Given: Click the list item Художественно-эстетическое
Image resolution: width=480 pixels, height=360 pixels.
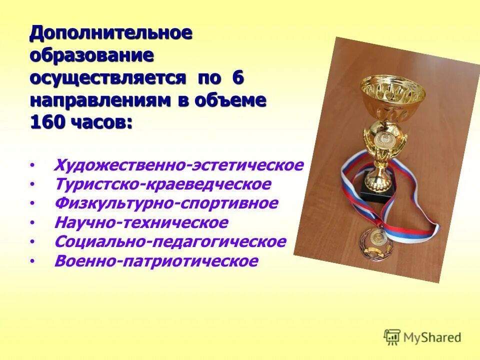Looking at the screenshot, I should (178, 165).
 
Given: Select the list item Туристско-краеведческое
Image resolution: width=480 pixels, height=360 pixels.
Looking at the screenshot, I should (162, 184).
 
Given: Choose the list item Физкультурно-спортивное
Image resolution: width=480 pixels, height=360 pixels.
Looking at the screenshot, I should (166, 203).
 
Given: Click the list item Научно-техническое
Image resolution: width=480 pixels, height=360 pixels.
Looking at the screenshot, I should (141, 222).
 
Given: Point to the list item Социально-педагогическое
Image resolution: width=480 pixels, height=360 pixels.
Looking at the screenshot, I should (170, 242).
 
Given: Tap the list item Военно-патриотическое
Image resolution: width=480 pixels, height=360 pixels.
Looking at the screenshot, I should (156, 261).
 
